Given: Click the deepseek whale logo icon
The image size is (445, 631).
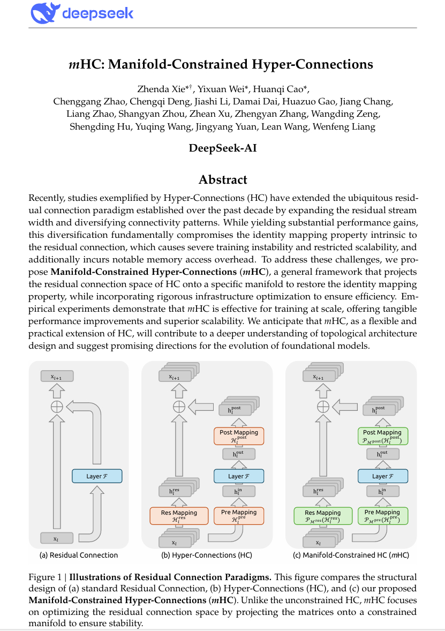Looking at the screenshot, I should click(x=44, y=13).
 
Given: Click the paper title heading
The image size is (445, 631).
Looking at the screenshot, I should click(x=221, y=65).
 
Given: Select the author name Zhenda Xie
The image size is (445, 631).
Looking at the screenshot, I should click(x=159, y=89).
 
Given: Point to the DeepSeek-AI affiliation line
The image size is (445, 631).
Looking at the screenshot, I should click(x=222, y=148).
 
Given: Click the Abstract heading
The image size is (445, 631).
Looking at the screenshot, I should click(x=222, y=179).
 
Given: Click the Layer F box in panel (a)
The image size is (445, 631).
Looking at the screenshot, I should click(x=97, y=476).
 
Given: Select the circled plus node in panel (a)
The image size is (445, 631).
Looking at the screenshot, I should click(x=56, y=407).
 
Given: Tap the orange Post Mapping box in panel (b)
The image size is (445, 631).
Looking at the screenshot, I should click(x=239, y=436).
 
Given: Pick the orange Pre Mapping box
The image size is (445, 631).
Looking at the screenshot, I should click(x=239, y=516).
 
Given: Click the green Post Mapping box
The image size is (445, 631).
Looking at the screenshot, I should click(x=382, y=436).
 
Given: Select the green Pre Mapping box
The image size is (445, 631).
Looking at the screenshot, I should click(x=382, y=516).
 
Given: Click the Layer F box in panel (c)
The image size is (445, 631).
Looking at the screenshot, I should click(x=382, y=476).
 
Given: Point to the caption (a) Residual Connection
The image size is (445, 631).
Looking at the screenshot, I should click(x=79, y=555).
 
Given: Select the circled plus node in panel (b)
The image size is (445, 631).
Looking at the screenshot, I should click(x=178, y=407).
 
